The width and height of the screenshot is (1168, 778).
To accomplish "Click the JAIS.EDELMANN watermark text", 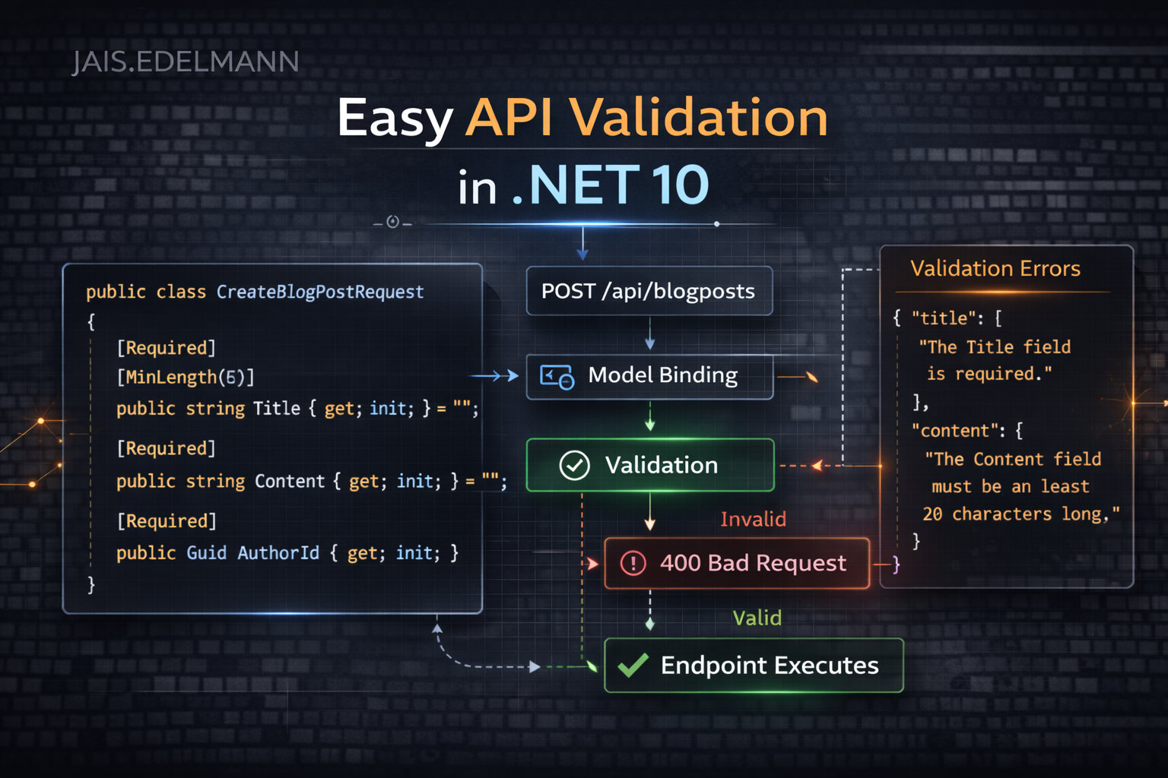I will (x=186, y=62).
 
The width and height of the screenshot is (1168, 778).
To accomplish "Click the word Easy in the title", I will (x=395, y=119).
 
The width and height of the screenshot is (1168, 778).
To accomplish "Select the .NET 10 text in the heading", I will (x=611, y=185).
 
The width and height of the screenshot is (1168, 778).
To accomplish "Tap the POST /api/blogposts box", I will (x=649, y=291).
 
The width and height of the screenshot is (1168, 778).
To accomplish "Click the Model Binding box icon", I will (x=557, y=376).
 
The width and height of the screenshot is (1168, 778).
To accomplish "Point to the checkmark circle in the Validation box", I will (x=574, y=465).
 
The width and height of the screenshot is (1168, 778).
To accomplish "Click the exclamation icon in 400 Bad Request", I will (x=633, y=563).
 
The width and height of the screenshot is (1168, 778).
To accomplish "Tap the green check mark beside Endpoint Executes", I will (x=633, y=666).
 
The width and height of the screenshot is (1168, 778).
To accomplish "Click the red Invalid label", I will (x=753, y=519).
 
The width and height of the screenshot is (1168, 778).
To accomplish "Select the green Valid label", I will (x=757, y=618).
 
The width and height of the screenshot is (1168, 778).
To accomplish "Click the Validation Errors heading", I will (x=995, y=268).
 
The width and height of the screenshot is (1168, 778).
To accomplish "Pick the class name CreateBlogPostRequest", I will (x=319, y=292).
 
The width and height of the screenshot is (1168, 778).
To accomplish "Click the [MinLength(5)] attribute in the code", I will (x=186, y=377).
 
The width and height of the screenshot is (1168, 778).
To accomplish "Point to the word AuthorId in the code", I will (x=278, y=552).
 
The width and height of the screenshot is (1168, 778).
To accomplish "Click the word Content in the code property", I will (x=289, y=481).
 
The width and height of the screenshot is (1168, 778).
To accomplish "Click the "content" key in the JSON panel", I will (x=954, y=431).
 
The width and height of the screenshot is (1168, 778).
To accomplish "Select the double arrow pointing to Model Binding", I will (x=495, y=376).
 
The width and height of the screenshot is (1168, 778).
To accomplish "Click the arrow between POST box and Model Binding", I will (x=649, y=334).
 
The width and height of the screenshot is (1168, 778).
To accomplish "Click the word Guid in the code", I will (x=206, y=552).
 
